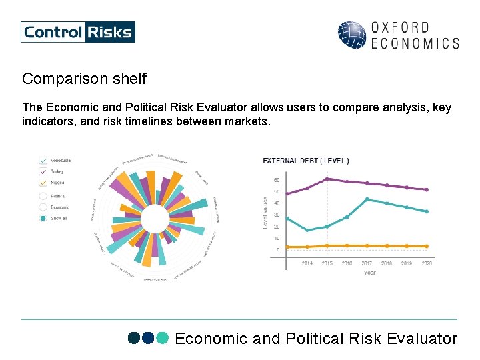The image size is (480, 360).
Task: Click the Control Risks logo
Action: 77,32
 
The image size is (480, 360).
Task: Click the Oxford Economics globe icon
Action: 351,35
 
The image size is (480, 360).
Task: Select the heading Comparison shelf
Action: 84,79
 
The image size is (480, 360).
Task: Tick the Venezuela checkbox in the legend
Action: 43,161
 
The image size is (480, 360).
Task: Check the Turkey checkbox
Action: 43,171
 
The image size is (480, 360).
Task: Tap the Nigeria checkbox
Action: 43,182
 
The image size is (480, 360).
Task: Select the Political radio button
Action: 43,196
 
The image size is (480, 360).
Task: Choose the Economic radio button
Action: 43,207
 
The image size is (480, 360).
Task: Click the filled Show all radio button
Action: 43,218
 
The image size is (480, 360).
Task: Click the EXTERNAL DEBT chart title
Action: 306,161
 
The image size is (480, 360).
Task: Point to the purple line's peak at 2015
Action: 327,179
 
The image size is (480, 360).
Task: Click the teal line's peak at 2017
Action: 367,199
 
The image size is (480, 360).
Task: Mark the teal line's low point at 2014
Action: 307,231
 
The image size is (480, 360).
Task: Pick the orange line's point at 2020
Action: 427,247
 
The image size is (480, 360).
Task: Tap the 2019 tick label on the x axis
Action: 407,263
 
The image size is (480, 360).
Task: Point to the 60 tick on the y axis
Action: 277,180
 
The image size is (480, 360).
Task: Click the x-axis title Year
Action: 369,273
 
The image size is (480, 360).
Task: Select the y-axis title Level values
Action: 265,213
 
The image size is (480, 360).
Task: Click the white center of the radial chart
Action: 155,219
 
